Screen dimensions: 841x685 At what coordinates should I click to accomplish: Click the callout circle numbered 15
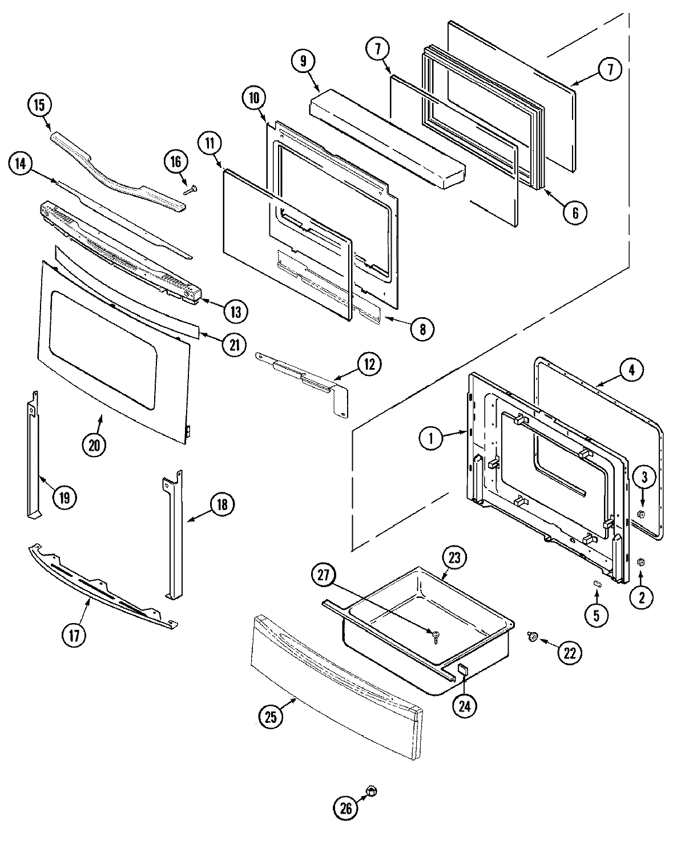tap(39, 106)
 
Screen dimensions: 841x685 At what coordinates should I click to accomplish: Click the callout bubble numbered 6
tap(575, 212)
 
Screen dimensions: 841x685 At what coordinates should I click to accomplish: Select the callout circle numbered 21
tap(235, 345)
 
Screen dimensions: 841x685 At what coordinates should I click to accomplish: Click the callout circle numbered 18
tap(221, 504)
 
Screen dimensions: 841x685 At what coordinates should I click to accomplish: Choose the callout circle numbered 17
tap(74, 634)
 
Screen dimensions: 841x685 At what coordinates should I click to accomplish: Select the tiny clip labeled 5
tap(597, 583)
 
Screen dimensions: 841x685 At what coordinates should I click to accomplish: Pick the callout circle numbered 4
tap(630, 370)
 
